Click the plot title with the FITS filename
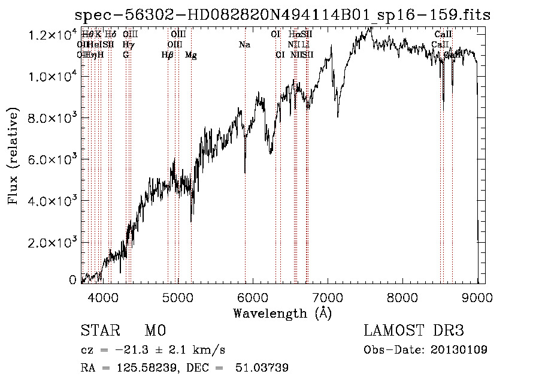coord(281,16)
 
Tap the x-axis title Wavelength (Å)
coord(282,313)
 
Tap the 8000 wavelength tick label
coord(402,296)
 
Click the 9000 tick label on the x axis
coord(477,296)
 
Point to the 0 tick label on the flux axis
coord(72,280)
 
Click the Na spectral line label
coord(244,44)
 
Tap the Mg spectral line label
coord(191,55)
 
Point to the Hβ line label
coord(168,55)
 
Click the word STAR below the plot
coord(99,331)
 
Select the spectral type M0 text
coord(155,331)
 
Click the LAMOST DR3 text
coord(414,331)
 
